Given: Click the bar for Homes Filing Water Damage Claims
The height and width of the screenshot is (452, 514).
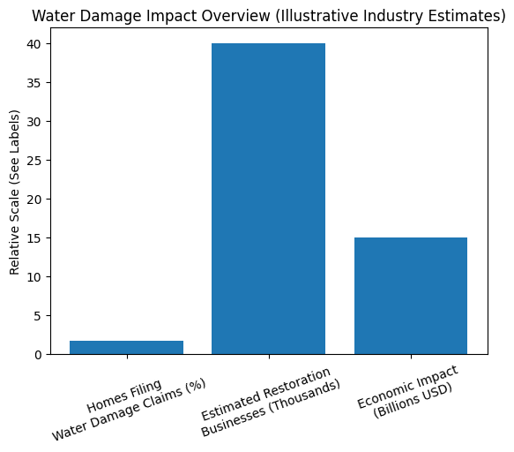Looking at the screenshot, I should pyautogui.click(x=126, y=348).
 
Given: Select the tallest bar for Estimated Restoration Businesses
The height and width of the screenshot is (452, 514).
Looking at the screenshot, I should pyautogui.click(x=268, y=199).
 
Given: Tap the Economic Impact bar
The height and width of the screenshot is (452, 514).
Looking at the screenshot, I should pyautogui.click(x=410, y=296).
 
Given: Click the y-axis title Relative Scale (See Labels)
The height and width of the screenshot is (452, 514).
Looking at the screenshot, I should pyautogui.click(x=14, y=192).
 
